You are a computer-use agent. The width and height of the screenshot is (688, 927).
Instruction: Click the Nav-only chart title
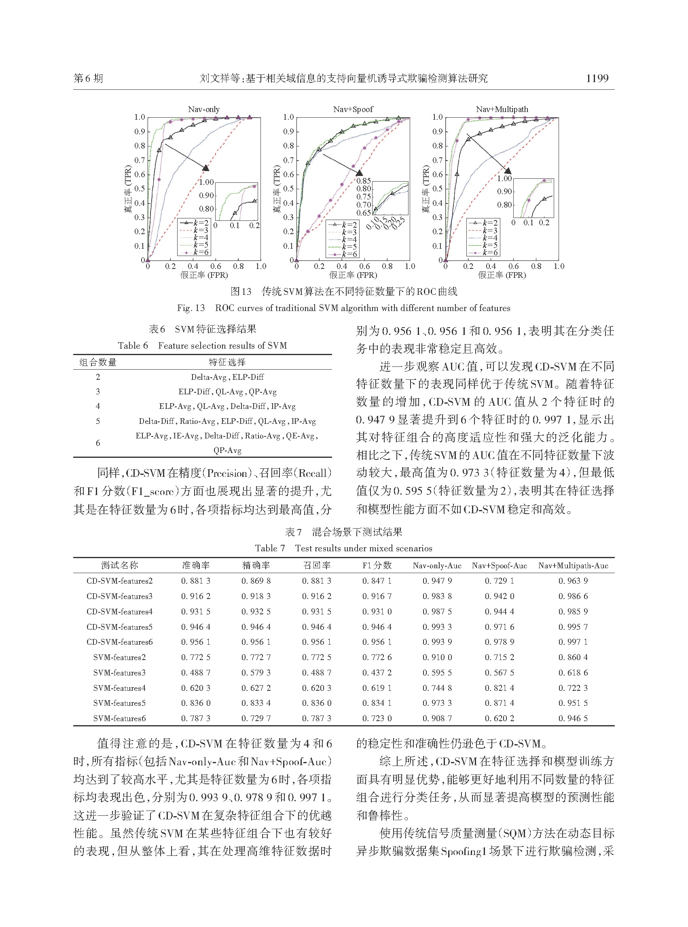pyautogui.click(x=204, y=109)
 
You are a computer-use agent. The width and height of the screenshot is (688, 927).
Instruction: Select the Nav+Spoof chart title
pyautogui.click(x=353, y=109)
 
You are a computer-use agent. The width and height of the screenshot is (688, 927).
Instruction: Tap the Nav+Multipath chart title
pyautogui.click(x=502, y=109)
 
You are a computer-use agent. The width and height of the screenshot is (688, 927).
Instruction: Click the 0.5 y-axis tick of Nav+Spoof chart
pyautogui.click(x=289, y=188)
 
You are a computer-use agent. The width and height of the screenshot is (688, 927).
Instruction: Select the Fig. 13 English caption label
pyautogui.click(x=191, y=308)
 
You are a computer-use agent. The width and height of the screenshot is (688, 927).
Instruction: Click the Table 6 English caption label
pyautogui.click(x=132, y=345)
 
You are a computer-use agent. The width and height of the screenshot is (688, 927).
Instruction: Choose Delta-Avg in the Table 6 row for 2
pyautogui.click(x=208, y=377)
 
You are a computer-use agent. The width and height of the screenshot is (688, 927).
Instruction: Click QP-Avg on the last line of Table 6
pyautogui.click(x=227, y=450)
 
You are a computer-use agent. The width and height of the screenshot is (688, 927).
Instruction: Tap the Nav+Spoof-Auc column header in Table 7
pyautogui.click(x=499, y=565)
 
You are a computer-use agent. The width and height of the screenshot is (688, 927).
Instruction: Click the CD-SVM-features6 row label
pyautogui.click(x=120, y=642)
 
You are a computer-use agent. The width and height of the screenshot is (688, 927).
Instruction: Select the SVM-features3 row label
pyautogui.click(x=120, y=673)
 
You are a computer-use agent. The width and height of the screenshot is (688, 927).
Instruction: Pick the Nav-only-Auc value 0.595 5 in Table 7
pyautogui.click(x=437, y=673)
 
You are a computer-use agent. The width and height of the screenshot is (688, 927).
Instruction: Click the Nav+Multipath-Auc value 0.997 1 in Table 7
pyautogui.click(x=573, y=642)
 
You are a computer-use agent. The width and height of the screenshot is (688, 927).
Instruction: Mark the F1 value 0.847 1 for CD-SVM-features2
pyautogui.click(x=377, y=580)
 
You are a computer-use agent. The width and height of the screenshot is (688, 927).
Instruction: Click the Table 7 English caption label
pyautogui.click(x=270, y=548)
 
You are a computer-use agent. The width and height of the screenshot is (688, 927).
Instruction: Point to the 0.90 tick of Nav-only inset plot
pyautogui.click(x=206, y=195)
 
